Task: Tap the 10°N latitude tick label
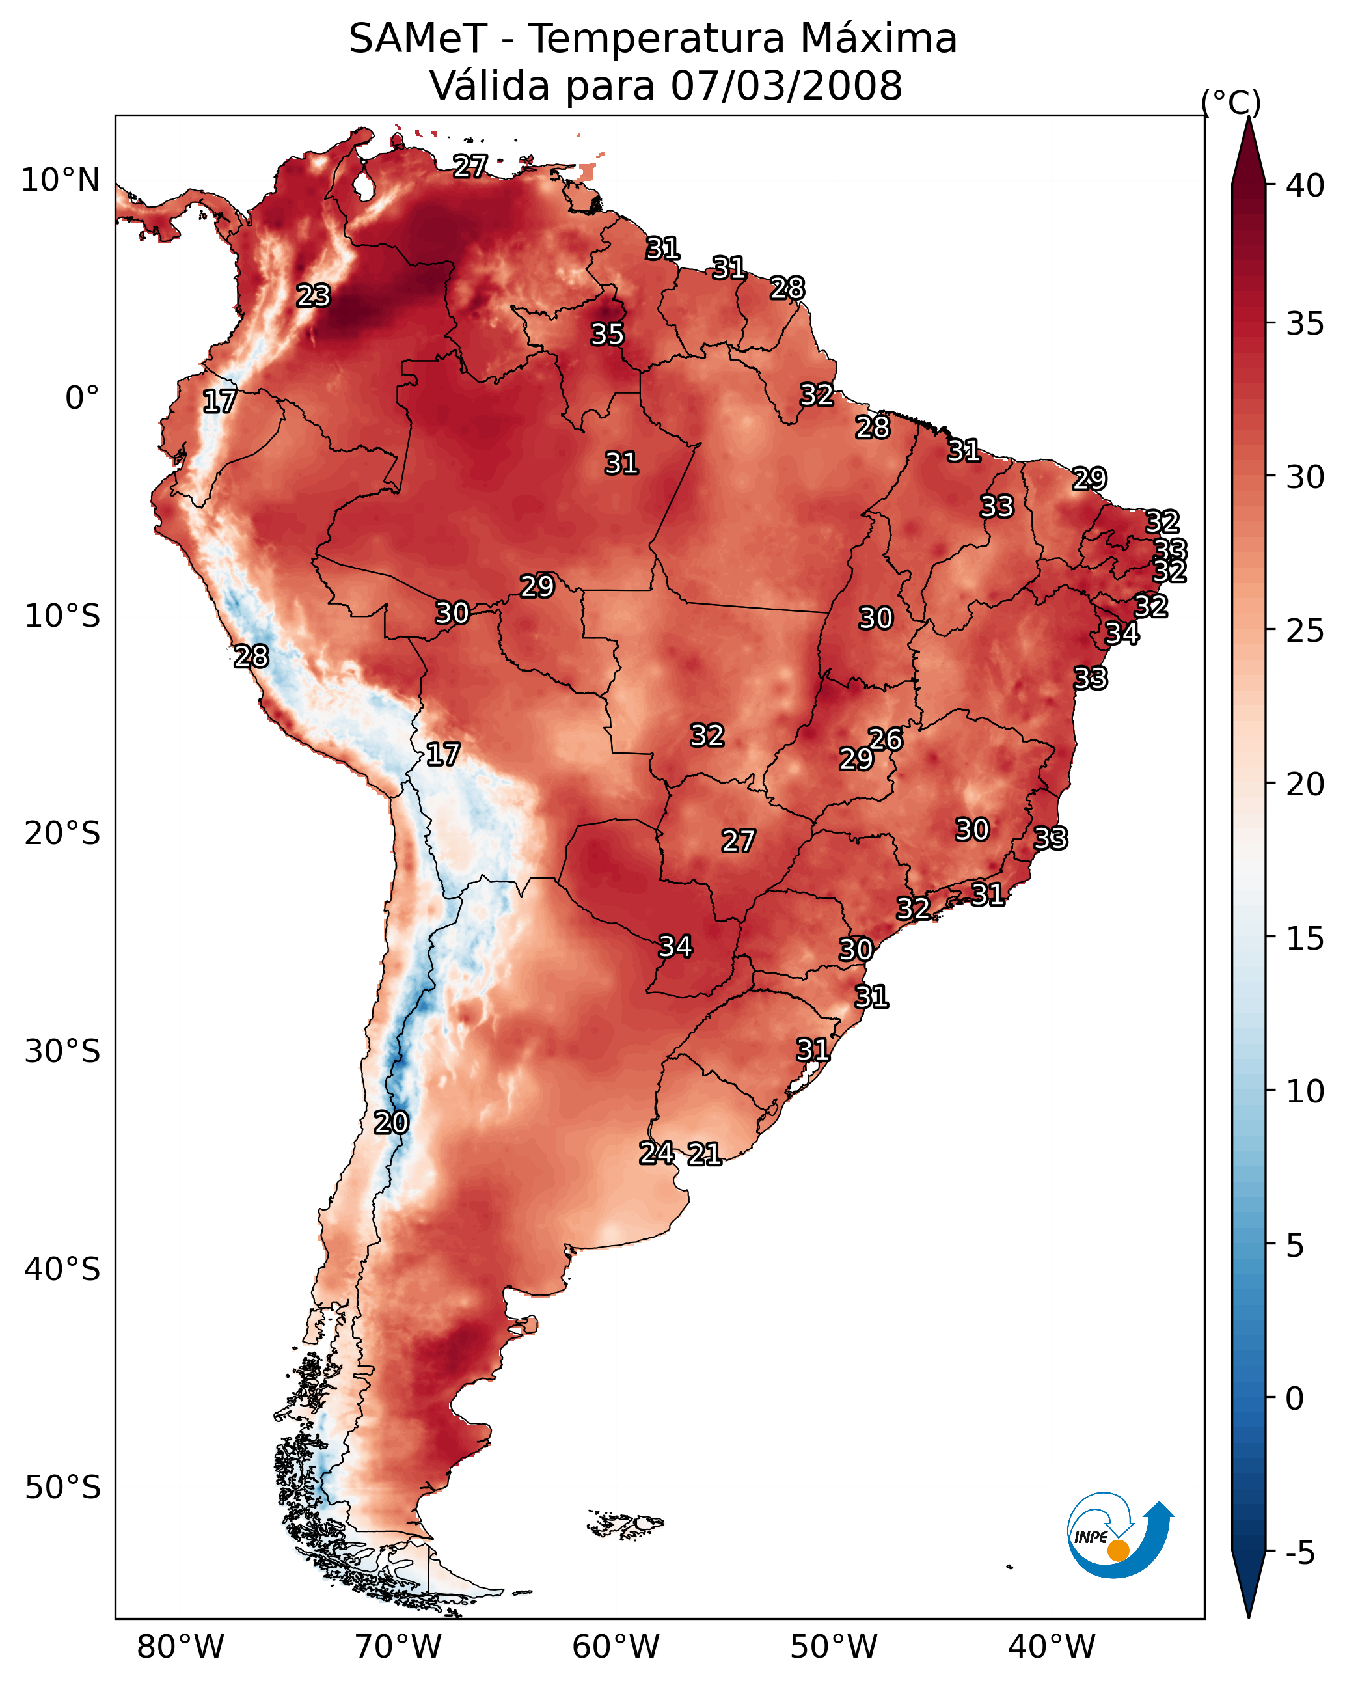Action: pos(60,180)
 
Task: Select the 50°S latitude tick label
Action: pos(62,1487)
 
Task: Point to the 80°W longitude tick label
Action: pos(180,1647)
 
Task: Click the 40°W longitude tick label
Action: pos(1052,1647)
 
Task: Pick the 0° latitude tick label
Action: pos(82,398)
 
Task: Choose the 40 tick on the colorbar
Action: pos(1305,185)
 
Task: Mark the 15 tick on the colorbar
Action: pos(1305,938)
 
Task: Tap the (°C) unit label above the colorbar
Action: pos(1230,102)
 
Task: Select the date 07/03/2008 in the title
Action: pos(786,86)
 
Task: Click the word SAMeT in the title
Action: pos(418,39)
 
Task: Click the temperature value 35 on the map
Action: pos(607,334)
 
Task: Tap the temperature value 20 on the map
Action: pos(391,1123)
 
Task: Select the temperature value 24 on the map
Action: pos(657,1153)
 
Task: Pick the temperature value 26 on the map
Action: pos(886,739)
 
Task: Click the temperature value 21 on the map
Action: pos(704,1155)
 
